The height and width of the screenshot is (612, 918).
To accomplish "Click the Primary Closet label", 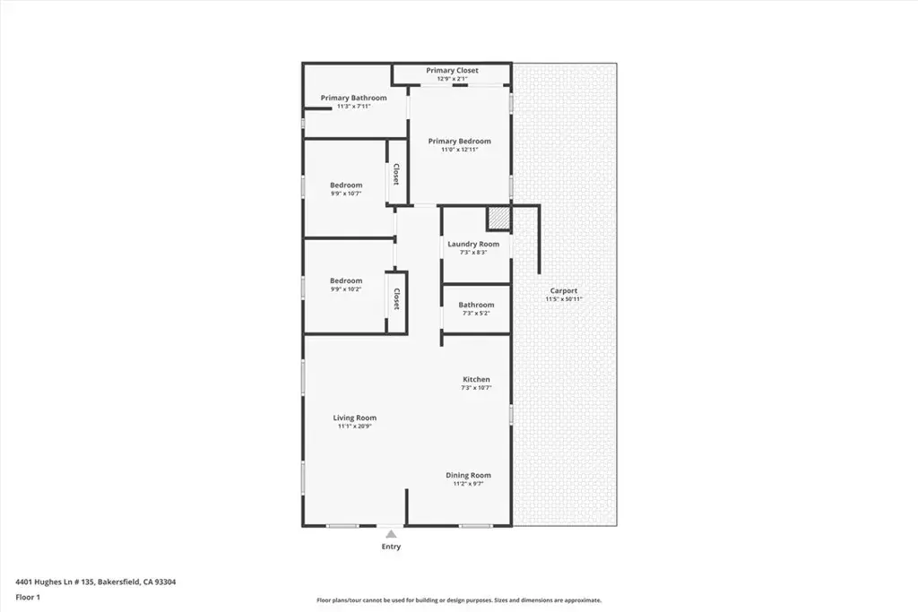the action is point(452,70).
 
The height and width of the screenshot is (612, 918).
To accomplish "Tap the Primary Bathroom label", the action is point(353,98).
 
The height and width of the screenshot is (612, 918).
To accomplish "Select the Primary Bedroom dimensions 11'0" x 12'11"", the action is point(460,150).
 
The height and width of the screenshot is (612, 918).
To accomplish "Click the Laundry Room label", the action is point(473,244).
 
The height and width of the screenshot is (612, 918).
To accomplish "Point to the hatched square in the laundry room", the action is point(498,219).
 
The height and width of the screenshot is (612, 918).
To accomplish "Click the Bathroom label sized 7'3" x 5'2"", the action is point(476,305).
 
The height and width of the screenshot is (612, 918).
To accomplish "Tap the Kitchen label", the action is point(477,379).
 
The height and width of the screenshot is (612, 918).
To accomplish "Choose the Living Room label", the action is point(355,418).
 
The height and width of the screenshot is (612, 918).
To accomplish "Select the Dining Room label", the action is point(468,475).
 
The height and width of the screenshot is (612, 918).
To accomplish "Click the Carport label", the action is point(564,291).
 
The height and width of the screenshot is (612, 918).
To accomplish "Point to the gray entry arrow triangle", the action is point(391,534).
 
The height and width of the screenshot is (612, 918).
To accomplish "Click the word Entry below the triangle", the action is point(391,547).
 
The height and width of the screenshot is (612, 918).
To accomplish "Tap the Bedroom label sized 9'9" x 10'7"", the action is point(346,185).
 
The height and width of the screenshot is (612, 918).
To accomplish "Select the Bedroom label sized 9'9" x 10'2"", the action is point(346,280).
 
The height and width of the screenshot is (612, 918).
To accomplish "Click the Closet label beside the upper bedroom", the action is point(396,175).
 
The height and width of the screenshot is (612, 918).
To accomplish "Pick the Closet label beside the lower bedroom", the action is point(396,299).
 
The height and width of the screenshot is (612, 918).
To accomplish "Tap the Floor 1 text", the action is point(28,598).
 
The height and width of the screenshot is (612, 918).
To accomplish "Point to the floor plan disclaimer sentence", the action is point(459,600).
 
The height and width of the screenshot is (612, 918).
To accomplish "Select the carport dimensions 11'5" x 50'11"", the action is point(564,299).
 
